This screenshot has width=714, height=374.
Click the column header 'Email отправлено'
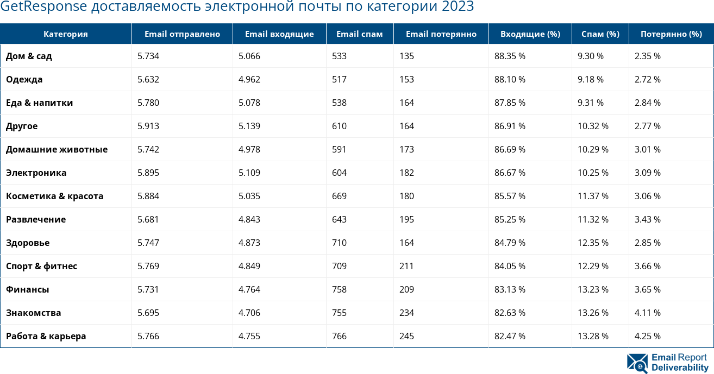pos(182,34)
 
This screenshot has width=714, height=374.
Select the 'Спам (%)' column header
pos(600,34)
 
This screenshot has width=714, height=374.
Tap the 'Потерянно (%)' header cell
pos(671,34)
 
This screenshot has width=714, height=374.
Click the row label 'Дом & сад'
pos(29,56)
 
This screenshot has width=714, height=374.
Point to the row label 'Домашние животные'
pos(57,149)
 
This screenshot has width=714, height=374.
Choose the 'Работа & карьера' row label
pos(46,336)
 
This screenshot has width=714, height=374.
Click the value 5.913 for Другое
pos(148,126)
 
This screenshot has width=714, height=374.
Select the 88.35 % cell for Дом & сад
pos(510,56)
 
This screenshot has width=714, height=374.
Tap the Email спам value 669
pos(339,196)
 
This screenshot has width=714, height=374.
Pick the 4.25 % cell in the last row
pos(648,336)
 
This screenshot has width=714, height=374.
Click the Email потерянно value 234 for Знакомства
pos(406,313)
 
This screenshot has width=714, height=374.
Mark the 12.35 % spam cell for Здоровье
pos(593,243)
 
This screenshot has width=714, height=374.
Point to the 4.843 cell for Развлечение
pos(249,219)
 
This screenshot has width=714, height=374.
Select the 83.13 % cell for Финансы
pos(510,289)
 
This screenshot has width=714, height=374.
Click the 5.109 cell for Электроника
pos(249,173)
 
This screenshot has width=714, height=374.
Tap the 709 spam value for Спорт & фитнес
pos(339,266)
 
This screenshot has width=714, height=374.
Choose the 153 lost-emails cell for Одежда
pos(406,79)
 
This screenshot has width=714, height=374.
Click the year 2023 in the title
pos(458,7)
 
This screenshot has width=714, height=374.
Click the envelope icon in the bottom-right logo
pos(637,364)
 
